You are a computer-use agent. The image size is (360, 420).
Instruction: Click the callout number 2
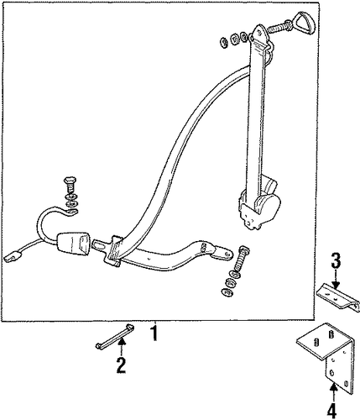tap(121, 365)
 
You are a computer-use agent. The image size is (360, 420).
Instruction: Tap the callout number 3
tap(336, 260)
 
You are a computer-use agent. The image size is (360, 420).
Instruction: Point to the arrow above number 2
tap(121, 347)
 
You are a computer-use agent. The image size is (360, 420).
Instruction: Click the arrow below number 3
tap(336, 279)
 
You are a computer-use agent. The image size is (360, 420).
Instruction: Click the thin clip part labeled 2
tap(114, 337)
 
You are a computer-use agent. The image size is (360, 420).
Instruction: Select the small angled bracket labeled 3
tap(338, 297)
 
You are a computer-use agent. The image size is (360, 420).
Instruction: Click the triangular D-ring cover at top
tap(305, 22)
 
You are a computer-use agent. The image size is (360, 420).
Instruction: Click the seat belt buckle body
tap(74, 241)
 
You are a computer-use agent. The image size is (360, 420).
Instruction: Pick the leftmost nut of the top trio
tap(224, 42)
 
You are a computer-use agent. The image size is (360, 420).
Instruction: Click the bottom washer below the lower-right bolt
tap(227, 292)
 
